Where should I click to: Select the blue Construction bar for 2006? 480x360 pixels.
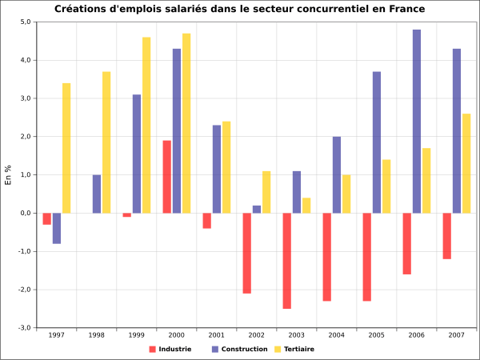417,121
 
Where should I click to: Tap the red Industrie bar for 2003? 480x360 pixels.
286,261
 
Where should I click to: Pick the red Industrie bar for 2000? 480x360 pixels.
166,177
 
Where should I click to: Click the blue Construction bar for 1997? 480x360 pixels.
57,228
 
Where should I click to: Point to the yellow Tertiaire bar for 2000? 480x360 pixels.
186,123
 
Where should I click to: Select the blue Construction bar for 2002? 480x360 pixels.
257,210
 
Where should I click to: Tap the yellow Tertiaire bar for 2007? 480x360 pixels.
466,163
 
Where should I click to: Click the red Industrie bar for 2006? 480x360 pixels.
406,243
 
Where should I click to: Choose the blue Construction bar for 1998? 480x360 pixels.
97,194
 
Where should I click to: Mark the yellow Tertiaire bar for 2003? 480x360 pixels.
306,206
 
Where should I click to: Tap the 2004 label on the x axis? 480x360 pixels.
336,335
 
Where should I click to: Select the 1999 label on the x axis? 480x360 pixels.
136,335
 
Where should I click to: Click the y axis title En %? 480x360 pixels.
8,175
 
